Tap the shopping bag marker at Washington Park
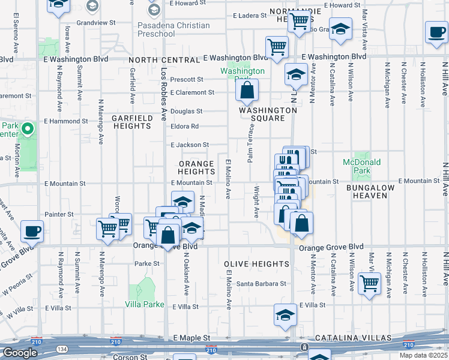247,91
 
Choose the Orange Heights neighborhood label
196,167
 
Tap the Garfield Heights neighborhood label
131,122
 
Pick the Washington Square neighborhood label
268,114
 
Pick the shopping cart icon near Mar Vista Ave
369,284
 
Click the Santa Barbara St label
261,284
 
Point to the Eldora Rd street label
185,127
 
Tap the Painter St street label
59,214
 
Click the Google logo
20,353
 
